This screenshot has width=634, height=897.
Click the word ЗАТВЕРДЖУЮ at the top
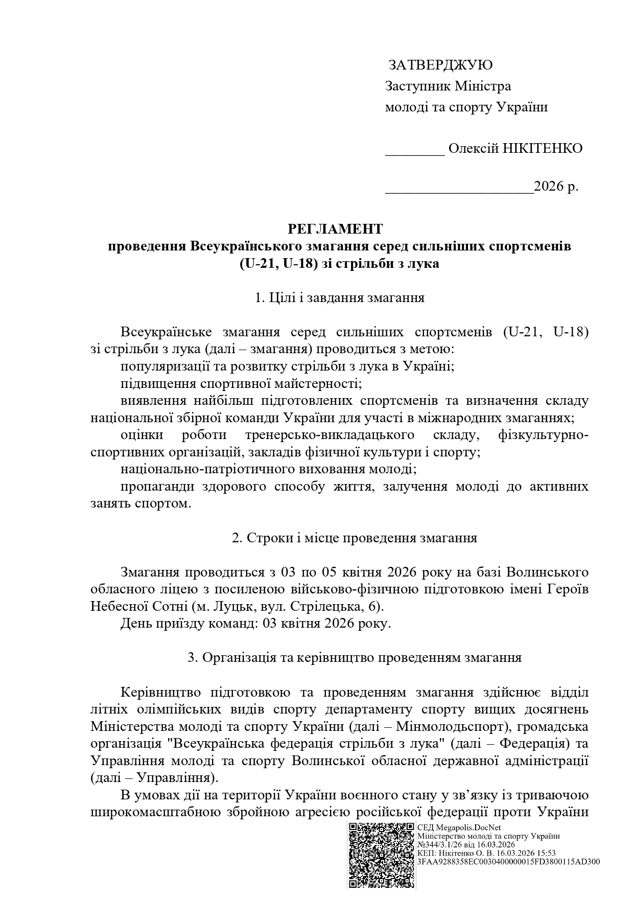pyautogui.click(x=440, y=65)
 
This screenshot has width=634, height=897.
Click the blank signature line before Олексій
pyautogui.click(x=414, y=152)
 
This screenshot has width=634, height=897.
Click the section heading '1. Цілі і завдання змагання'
pyautogui.click(x=340, y=298)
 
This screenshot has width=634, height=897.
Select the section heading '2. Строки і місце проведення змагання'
pyautogui.click(x=355, y=538)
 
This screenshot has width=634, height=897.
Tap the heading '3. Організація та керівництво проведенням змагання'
pyautogui.click(x=355, y=658)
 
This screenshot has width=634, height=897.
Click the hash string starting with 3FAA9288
pyautogui.click(x=508, y=861)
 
